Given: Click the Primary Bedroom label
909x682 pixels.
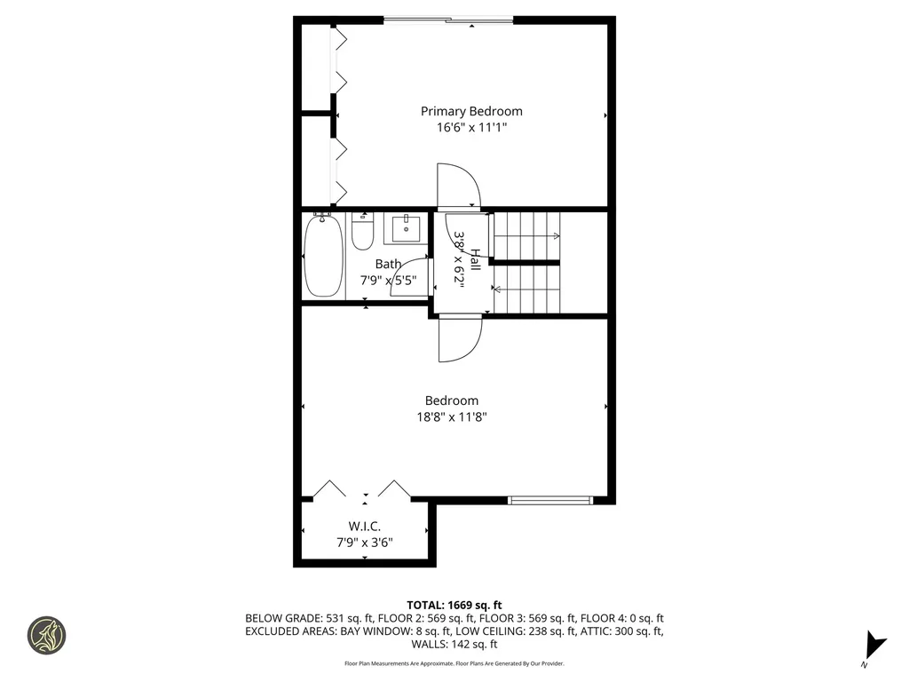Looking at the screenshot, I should pos(471,111).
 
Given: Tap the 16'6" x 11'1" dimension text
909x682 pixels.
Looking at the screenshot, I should pos(471,127).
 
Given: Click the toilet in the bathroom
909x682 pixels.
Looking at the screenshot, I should pos(362,233).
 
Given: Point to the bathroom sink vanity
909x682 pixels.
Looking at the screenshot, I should pos(407,228).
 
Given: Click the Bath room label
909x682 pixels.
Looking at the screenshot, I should pos(388,264).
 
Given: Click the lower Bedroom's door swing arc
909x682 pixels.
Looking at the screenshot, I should pos(460,340).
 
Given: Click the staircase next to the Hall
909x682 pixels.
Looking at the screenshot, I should pos(526,262).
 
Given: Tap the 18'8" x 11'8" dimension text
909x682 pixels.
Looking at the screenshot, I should pos(451,416).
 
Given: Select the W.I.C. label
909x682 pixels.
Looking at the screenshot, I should pos(365,527).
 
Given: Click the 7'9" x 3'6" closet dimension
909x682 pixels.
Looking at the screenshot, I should pos(365,542).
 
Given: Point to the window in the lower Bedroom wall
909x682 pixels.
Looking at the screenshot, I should pos(549,500).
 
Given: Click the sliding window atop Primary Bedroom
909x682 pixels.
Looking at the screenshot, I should pos(447,19).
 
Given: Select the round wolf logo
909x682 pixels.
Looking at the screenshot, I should pos(47,636).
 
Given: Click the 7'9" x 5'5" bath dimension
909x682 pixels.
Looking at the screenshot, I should pos(388,280).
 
